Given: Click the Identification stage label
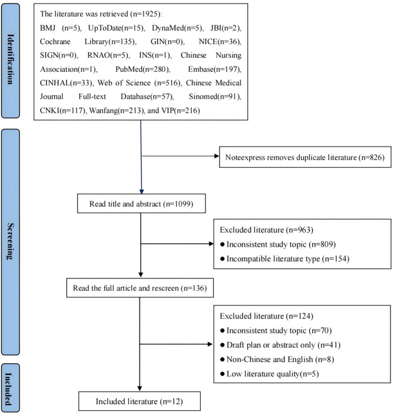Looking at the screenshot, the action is pyautogui.click(x=11, y=61).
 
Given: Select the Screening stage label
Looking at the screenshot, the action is pyautogui.click(x=11, y=242).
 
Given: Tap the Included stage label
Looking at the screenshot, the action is pyautogui.click(x=11, y=388).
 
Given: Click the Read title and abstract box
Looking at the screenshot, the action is pyautogui.click(x=141, y=204).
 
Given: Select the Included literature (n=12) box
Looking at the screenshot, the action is pyautogui.click(x=140, y=401).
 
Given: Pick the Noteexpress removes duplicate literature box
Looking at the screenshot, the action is pyautogui.click(x=305, y=157).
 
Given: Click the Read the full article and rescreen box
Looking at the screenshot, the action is pyautogui.click(x=140, y=288).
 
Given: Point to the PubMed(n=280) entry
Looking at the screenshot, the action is pyautogui.click(x=143, y=69).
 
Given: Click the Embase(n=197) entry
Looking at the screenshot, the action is pyautogui.click(x=214, y=69).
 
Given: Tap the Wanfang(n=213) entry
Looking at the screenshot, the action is pyautogui.click(x=117, y=110).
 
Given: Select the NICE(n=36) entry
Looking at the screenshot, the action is pyautogui.click(x=220, y=42).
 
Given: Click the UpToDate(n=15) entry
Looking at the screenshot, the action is pyautogui.click(x=117, y=28).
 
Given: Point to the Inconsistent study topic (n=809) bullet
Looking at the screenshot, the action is pyautogui.click(x=278, y=244).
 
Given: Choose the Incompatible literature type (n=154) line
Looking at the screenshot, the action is pyautogui.click(x=284, y=258).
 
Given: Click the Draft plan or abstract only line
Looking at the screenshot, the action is pyautogui.click(x=280, y=345).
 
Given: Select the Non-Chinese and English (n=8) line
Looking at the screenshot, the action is pyautogui.click(x=277, y=359).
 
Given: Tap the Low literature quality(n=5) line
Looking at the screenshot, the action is pyautogui.click(x=269, y=374).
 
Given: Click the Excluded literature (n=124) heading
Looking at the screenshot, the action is pyautogui.click(x=266, y=316).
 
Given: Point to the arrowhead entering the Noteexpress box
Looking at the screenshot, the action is pyautogui.click(x=217, y=156).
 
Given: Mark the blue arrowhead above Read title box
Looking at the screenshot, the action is pyautogui.click(x=142, y=192).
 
